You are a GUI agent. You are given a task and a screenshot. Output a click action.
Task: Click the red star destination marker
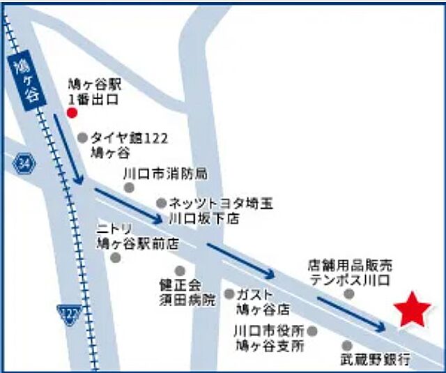(x=413, y=310)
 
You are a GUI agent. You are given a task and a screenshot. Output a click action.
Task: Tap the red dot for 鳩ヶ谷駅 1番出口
(x=71, y=112)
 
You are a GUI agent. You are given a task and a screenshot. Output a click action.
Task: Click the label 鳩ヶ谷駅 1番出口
(x=95, y=92)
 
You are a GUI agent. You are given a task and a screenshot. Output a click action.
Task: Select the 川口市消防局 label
(x=164, y=172)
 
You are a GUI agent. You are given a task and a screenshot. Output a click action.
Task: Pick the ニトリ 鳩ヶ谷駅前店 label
(x=137, y=236)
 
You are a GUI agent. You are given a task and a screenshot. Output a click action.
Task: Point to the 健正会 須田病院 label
(x=187, y=292)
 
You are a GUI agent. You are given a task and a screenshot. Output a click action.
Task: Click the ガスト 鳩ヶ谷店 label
(x=262, y=301)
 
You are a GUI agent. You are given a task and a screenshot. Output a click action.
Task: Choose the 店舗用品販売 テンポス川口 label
(x=351, y=272)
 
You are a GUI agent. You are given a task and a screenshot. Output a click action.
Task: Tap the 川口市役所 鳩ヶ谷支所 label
(x=270, y=337)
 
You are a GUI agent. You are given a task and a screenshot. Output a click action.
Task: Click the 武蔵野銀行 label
(x=374, y=360)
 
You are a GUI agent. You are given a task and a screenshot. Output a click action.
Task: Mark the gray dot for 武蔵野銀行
(x=347, y=345)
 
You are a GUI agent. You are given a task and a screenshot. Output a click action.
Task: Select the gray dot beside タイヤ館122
(x=83, y=138)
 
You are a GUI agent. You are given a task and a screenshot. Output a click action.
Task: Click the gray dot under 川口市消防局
(x=129, y=188)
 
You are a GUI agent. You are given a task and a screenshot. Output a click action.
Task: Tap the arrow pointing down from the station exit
(x=69, y=153)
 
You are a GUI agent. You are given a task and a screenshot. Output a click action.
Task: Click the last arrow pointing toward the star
(x=351, y=313)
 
